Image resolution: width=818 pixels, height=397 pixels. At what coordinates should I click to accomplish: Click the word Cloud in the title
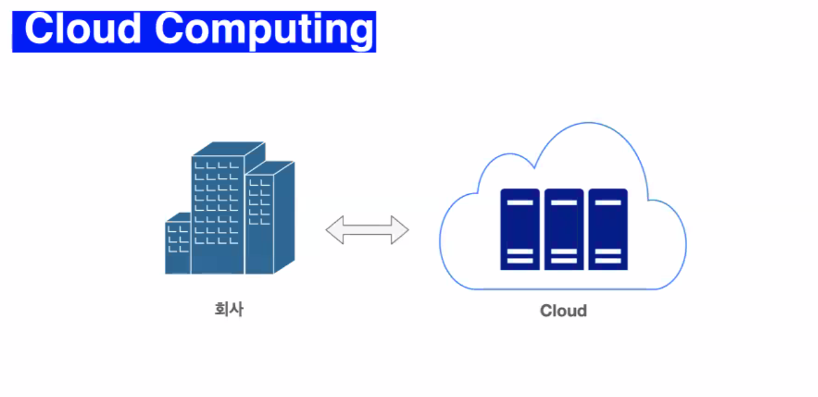84,28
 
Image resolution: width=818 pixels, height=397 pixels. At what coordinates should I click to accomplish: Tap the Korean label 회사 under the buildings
229,309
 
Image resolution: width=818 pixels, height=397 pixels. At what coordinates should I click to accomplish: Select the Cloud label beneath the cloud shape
563,310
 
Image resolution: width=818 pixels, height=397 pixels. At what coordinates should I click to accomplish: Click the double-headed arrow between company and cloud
367,230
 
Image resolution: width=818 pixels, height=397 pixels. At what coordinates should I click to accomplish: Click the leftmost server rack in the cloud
519,229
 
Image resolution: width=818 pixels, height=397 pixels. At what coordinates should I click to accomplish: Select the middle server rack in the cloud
564,229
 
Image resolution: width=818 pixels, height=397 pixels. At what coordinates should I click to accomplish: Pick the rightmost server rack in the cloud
608,229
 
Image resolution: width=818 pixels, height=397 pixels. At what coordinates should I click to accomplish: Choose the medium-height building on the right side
259,224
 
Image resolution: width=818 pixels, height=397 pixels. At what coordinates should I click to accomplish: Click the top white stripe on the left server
519,202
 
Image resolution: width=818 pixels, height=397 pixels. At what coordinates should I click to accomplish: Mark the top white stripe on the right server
608,202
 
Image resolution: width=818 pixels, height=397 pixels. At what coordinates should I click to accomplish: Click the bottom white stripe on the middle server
564,261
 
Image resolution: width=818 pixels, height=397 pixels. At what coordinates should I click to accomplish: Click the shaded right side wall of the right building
284,218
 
